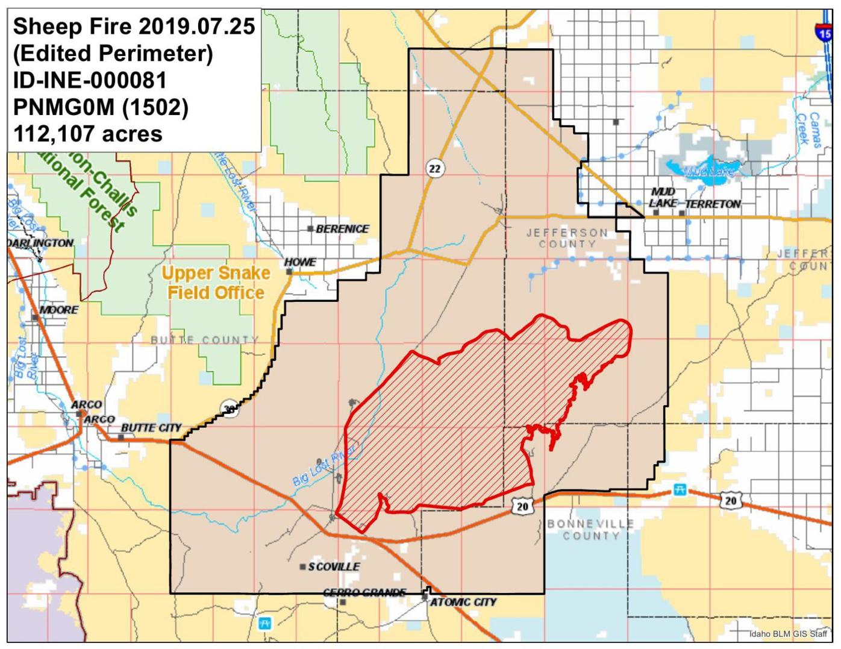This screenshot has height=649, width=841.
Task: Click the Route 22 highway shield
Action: (434, 169)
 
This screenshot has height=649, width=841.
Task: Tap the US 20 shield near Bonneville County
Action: (522, 507)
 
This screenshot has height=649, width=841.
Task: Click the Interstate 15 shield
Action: (824, 31)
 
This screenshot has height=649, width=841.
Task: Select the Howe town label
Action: (300, 262)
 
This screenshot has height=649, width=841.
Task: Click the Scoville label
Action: (333, 567)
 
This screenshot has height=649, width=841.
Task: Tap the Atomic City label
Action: (463, 602)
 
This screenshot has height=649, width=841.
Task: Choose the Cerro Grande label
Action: (364, 592)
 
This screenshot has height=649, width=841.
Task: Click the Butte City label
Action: (151, 428)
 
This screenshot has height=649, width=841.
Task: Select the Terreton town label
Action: (713, 204)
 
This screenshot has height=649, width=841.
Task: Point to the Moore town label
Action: (58, 310)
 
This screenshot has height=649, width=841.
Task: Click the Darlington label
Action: (40, 243)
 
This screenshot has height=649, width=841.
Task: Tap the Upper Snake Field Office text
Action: (216, 283)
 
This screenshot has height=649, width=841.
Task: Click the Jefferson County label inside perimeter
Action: (567, 238)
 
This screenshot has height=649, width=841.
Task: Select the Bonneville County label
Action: (590, 530)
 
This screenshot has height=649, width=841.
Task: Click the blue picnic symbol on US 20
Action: (680, 490)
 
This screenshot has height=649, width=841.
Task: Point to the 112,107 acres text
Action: (88, 134)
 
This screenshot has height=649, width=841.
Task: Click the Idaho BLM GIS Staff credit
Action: (788, 634)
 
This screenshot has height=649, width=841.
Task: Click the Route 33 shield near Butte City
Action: (228, 408)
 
